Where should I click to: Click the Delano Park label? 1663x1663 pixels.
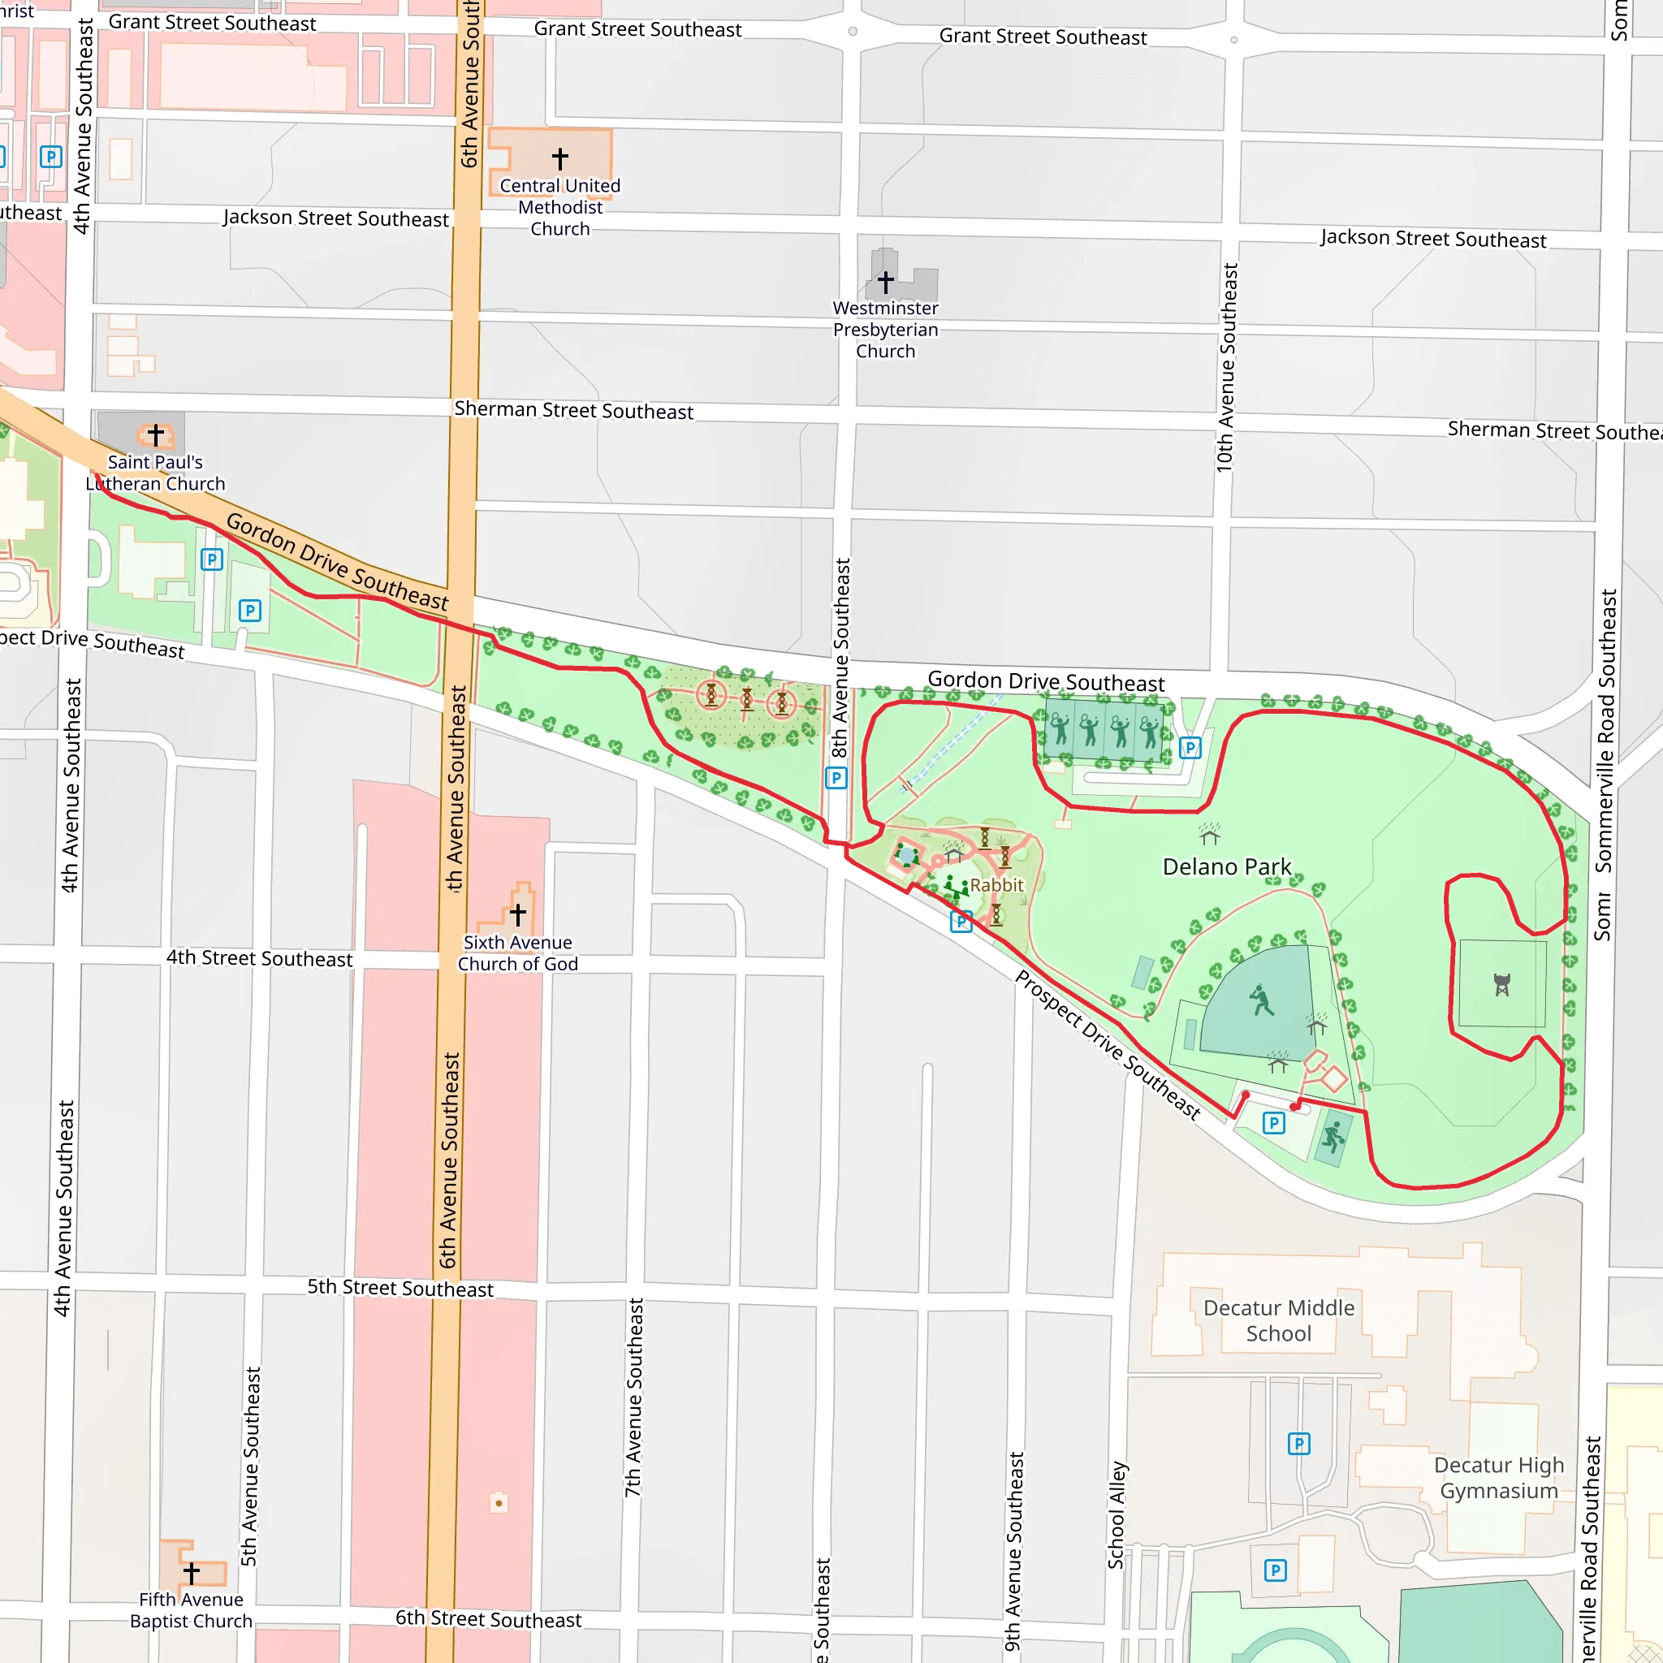pyautogui.click(x=1227, y=866)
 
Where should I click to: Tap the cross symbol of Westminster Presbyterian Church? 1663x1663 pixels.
pyautogui.click(x=886, y=282)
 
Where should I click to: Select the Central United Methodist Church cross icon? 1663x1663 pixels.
pyautogui.click(x=560, y=158)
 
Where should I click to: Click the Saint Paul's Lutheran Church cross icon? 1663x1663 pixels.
pyautogui.click(x=156, y=434)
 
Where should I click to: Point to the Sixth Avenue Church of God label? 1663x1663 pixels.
pyautogui.click(x=517, y=952)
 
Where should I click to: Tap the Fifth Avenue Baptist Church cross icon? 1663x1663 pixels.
pyautogui.click(x=191, y=1573)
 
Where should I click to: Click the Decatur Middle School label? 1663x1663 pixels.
pyautogui.click(x=1278, y=1320)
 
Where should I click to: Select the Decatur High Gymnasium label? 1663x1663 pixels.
pyautogui.click(x=1499, y=1477)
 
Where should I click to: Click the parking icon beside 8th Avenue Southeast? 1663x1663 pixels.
pyautogui.click(x=836, y=778)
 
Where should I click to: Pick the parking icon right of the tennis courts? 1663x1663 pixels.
pyautogui.click(x=1190, y=747)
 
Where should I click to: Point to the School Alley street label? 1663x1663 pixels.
pyautogui.click(x=1117, y=1515)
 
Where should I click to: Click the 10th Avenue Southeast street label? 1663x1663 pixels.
pyautogui.click(x=1227, y=368)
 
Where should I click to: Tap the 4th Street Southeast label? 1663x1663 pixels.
pyautogui.click(x=259, y=958)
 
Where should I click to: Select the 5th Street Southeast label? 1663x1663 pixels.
pyautogui.click(x=400, y=1288)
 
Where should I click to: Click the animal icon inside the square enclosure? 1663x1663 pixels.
pyautogui.click(x=1502, y=985)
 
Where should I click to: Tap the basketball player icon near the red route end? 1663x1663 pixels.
pyautogui.click(x=1333, y=1137)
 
